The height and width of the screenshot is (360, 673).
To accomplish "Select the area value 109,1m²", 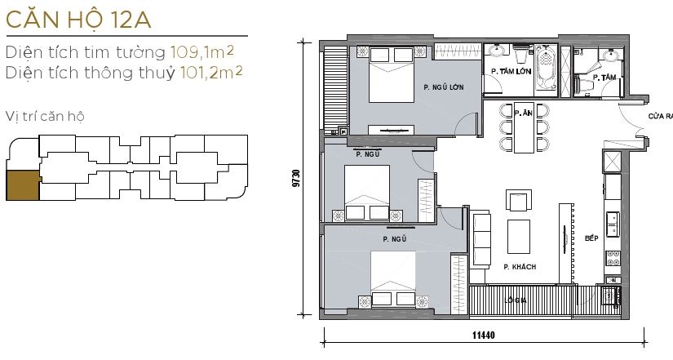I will pyautogui.click(x=202, y=53).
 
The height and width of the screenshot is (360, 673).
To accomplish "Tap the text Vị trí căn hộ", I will pyautogui.click(x=44, y=115).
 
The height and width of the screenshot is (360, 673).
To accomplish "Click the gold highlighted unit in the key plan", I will pyautogui.click(x=22, y=185).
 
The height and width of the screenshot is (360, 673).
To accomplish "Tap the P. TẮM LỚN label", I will pyautogui.click(x=511, y=73).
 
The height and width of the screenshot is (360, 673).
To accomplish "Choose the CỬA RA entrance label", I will pyautogui.click(x=659, y=117).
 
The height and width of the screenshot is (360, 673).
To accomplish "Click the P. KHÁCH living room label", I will pyautogui.click(x=518, y=267).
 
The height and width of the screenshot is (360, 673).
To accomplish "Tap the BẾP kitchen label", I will pyautogui.click(x=592, y=238).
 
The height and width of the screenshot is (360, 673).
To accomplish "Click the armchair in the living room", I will pyautogui.click(x=519, y=200).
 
